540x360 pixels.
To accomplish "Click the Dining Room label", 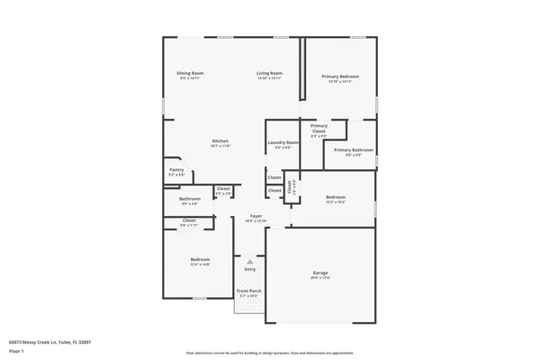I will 190,73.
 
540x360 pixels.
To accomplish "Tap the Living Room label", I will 269,73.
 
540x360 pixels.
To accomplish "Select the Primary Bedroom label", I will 340,76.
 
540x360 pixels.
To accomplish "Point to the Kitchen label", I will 220,141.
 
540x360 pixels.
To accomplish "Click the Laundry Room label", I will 283,142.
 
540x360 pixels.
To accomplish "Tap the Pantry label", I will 176,169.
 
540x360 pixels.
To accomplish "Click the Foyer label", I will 256,216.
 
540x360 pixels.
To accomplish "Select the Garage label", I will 321,273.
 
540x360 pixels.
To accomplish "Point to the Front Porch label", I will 249,292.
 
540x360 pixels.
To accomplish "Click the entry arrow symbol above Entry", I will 250,261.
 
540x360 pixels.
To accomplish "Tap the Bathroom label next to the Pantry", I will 189,199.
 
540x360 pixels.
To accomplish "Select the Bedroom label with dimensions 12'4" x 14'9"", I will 200,259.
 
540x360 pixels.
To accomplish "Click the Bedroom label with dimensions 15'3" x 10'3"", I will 336,197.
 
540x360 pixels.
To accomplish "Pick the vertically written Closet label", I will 290,187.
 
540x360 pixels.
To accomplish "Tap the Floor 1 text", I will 16,350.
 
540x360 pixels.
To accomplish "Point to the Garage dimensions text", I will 321,277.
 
